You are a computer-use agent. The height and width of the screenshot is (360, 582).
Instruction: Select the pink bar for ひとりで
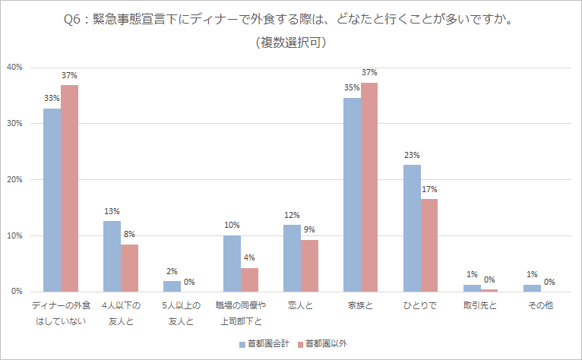(429, 245)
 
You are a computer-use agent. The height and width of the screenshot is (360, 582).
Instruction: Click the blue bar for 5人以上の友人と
(172, 286)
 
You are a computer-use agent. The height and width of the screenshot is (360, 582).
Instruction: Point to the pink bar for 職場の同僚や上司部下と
(250, 279)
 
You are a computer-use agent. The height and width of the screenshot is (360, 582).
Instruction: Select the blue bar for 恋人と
(292, 258)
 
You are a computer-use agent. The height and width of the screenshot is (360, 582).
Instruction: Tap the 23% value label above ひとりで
(412, 156)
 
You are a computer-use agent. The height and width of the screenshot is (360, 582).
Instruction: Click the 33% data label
(52, 99)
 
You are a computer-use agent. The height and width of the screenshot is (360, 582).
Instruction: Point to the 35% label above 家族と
(352, 88)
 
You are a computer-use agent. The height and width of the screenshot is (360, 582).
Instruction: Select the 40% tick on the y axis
(15, 68)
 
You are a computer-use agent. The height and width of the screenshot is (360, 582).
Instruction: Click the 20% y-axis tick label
(15, 180)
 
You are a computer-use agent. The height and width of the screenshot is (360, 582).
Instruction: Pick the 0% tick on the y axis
(17, 292)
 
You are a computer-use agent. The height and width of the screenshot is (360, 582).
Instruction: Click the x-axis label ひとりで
(420, 305)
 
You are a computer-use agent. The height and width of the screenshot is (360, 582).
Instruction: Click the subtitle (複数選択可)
(292, 43)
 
